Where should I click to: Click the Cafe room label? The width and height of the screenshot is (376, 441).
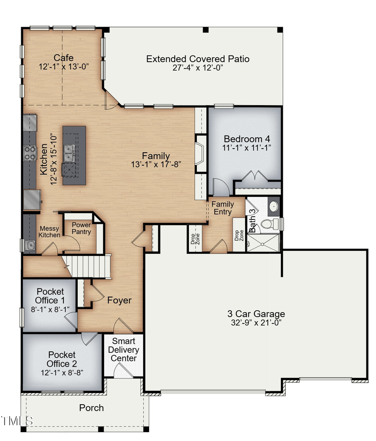click(64, 58)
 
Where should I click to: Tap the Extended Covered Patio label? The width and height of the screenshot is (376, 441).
click(198, 59)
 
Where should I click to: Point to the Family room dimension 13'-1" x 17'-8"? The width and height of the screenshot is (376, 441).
click(156, 165)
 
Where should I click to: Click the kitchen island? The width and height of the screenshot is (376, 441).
click(74, 155)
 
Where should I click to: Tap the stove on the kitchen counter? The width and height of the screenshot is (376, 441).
click(30, 153)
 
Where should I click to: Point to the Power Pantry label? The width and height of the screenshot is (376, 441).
click(81, 228)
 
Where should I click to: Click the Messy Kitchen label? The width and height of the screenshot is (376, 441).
click(50, 232)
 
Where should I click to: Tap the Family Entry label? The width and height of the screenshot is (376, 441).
click(222, 208)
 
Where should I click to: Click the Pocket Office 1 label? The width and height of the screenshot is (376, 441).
click(50, 296)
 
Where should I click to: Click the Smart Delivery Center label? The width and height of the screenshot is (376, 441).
click(124, 350)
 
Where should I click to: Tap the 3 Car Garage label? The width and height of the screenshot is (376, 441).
click(256, 314)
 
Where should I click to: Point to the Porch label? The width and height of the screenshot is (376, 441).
click(91, 408)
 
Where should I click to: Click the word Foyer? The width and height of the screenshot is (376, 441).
click(119, 300)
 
